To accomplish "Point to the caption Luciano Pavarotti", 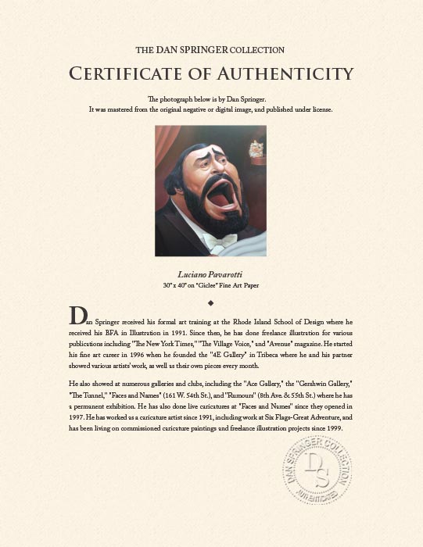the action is [211, 274].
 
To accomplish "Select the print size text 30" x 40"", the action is [176, 285].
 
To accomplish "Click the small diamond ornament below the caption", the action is [211, 302].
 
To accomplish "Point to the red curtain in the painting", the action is [167, 148].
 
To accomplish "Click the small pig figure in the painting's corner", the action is [255, 148].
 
